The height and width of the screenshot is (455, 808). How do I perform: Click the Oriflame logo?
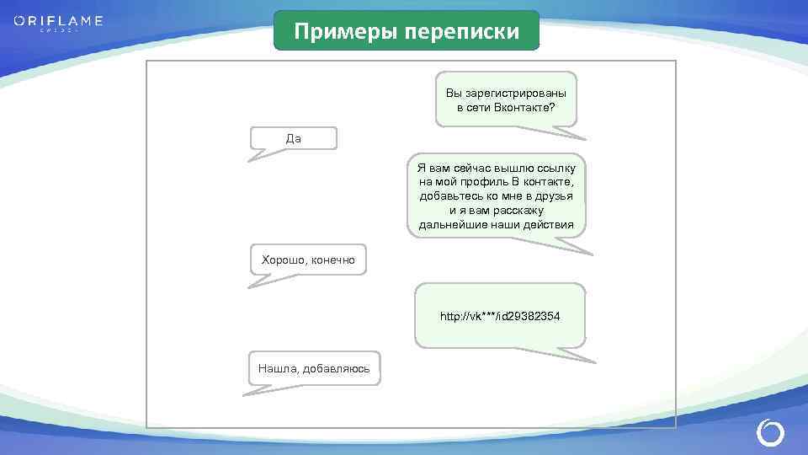click(x=58, y=21)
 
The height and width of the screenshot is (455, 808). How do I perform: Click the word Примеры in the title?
click(x=346, y=32)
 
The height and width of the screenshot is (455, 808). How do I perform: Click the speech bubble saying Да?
click(x=293, y=139)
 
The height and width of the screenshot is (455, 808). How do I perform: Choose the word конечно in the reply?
click(x=333, y=260)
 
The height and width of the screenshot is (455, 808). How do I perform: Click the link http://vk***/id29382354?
click(x=500, y=316)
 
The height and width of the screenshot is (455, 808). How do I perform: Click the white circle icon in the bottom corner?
click(x=770, y=433)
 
